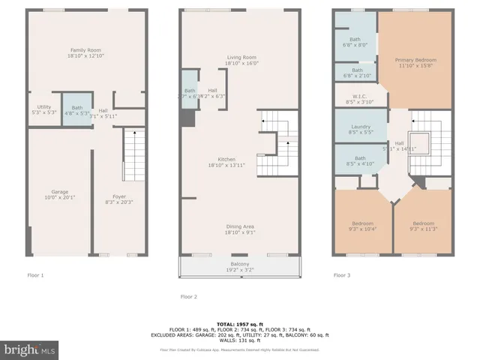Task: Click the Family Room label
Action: pos(83,52)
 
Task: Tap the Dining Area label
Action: pos(242,229)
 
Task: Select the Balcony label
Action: pos(239,266)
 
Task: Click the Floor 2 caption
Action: pos(189,296)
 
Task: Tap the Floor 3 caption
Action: pos(342,275)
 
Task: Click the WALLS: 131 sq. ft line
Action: pos(239,340)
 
